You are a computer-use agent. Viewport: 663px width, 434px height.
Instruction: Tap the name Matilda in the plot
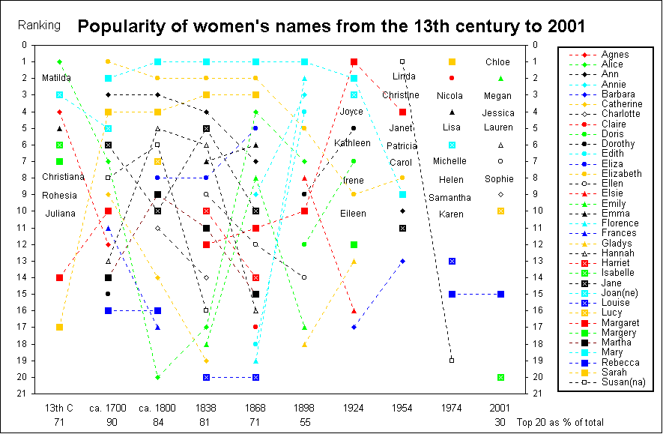(57, 78)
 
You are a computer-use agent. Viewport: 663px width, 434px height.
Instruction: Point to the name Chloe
(497, 62)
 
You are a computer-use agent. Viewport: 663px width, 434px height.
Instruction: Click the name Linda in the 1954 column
(404, 76)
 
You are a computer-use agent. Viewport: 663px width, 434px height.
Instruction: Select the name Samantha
(449, 197)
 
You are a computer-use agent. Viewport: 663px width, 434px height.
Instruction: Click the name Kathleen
(353, 142)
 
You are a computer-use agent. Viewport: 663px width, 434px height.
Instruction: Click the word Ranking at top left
(39, 25)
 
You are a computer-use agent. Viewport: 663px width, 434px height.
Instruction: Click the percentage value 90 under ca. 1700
(108, 422)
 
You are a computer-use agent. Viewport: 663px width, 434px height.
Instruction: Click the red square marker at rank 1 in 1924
(354, 61)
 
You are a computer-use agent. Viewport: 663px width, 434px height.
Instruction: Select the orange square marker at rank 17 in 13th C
(59, 327)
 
